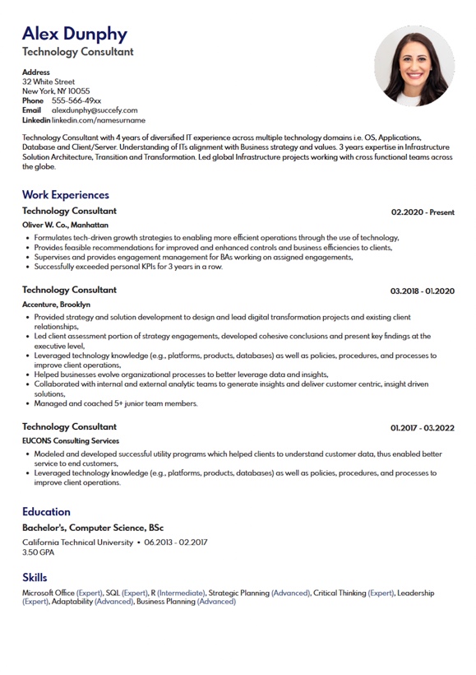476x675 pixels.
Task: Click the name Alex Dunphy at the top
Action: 75,34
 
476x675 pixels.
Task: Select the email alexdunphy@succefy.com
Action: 95,110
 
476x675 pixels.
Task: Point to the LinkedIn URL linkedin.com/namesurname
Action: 93,120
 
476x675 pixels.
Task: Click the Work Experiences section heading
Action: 66,195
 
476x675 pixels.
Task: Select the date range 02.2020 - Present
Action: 423,212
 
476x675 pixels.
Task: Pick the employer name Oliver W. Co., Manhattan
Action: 65,225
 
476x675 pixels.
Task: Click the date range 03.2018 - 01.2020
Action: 422,291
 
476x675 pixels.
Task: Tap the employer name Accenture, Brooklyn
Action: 57,305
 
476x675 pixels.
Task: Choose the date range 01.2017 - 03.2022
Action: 422,428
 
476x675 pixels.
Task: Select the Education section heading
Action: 46,512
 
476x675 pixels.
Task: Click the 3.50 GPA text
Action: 38,552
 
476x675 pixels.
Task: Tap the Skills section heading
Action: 35,578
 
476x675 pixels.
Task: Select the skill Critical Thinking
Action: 340,593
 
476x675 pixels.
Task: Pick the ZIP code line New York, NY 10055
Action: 56,91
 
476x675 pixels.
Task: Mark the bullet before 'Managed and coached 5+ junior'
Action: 27,404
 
